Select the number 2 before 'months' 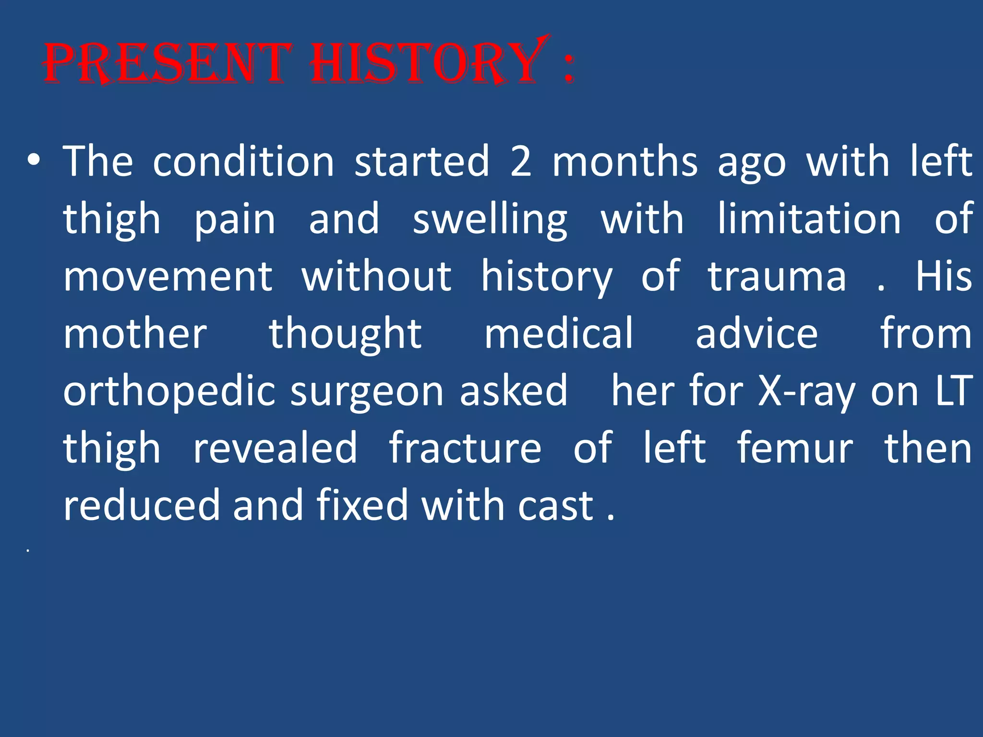521,162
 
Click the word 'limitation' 809,219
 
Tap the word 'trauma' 777,277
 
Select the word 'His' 943,277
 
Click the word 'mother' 135,334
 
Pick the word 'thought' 345,334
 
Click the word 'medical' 559,334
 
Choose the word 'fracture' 465,449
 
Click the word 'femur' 795,449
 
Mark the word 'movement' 168,277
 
